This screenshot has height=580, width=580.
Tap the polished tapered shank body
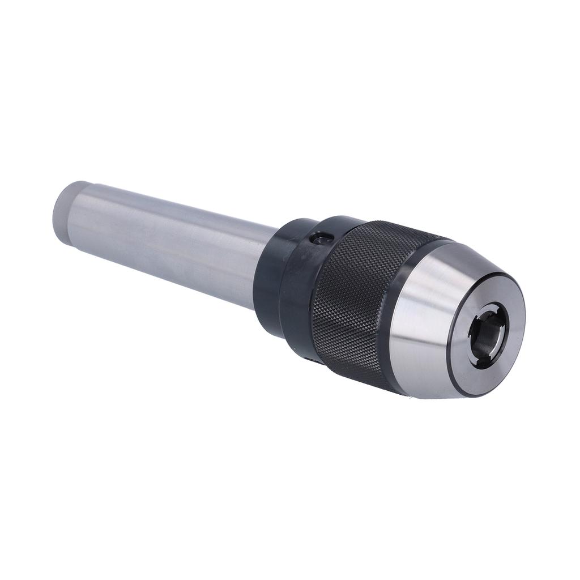point(170,244)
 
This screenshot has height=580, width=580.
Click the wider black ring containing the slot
point(300,278)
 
